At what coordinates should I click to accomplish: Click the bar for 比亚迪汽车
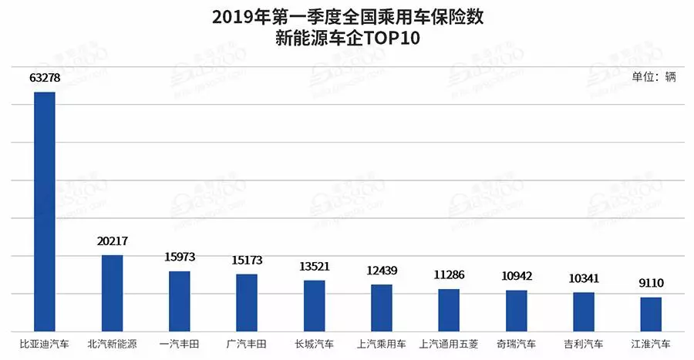coord(45,212)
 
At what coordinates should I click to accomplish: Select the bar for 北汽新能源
coord(113,293)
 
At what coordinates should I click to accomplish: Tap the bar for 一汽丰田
coord(180,301)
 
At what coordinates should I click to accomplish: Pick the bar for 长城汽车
coord(314,305)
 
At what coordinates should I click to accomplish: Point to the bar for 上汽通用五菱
coord(449,310)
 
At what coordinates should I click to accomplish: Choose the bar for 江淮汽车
coord(651,314)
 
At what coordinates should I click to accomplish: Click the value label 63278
coord(45,79)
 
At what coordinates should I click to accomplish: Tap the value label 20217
coord(113,241)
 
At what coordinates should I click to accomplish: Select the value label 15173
coord(247,261)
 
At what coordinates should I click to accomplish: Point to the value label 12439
coord(382,271)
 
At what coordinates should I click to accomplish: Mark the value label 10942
coord(516,276)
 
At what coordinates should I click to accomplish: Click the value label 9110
coord(651,283)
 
